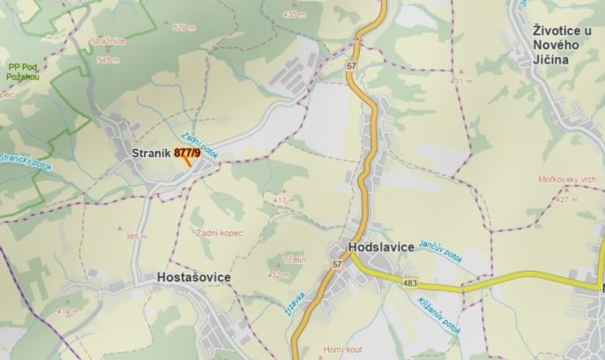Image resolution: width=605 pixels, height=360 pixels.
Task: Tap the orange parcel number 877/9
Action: coord(187,153)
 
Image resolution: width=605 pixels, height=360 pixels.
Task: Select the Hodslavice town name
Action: coord(381,248)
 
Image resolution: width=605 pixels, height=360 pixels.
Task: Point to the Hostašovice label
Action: coord(192,278)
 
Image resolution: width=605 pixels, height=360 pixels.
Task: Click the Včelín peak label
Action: coord(295,259)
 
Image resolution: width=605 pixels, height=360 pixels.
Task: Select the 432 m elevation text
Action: coord(278,275)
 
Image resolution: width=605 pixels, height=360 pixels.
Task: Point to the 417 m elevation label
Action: coord(282,201)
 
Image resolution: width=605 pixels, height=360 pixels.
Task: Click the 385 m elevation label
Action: coord(136,236)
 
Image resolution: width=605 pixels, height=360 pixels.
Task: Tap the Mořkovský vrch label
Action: coord(566,179)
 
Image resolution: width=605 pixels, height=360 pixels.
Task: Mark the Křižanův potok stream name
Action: coord(429,313)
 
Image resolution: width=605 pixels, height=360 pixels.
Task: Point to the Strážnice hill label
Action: coord(108,41)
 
